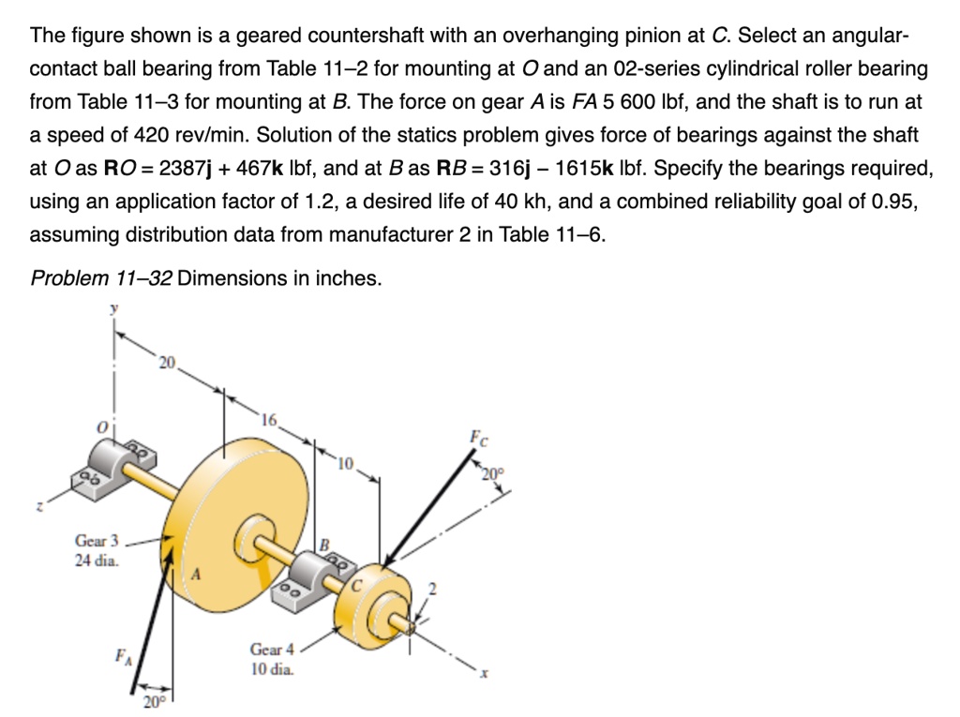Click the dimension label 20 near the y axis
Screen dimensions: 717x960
pos(166,363)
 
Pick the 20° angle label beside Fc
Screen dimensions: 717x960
pos(492,472)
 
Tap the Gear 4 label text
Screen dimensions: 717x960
pos(272,650)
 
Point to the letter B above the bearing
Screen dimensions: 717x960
pos(325,543)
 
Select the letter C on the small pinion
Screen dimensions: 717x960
pos(356,585)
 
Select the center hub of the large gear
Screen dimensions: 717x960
pos(256,534)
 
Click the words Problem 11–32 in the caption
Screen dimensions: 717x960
pos(100,278)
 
